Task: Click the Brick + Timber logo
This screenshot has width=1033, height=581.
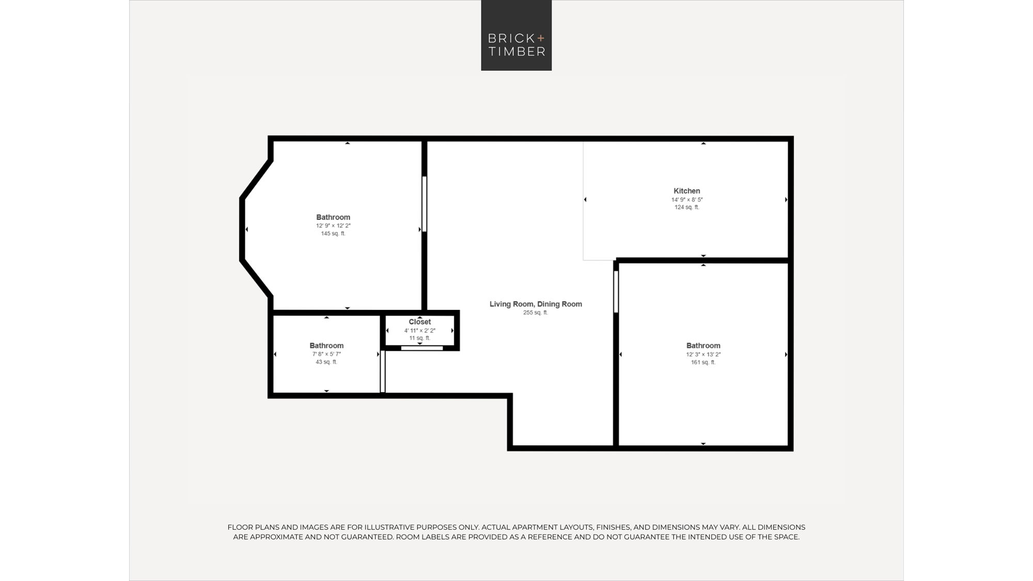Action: point(516,35)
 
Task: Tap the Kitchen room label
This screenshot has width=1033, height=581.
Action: point(687,191)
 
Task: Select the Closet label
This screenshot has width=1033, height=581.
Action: point(420,322)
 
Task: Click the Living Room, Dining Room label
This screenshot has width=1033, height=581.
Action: point(536,304)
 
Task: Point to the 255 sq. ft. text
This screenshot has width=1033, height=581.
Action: point(536,312)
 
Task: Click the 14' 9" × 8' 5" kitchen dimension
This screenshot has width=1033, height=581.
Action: point(687,200)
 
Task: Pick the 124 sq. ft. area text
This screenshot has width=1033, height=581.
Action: point(687,207)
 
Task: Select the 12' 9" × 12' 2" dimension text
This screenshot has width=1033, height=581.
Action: point(333,226)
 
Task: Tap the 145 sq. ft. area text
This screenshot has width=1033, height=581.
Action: point(333,233)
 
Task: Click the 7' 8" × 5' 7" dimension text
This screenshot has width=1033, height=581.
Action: point(326,354)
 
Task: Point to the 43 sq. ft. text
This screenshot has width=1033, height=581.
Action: point(326,362)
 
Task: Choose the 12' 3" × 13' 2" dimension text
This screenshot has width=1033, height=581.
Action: point(703,355)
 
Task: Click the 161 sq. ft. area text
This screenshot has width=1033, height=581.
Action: point(703,363)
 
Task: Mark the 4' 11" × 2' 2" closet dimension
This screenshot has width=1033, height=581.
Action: point(420,331)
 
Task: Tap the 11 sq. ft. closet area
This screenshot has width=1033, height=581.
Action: point(420,338)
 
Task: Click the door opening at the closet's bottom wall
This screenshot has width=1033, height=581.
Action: point(422,348)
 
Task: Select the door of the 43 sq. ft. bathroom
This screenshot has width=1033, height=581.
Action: point(383,371)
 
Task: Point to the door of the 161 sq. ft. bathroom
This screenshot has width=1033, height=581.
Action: point(616,292)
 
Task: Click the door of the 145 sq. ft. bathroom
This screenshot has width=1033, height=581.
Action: point(424,204)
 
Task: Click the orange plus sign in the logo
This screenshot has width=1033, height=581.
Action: point(541,38)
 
